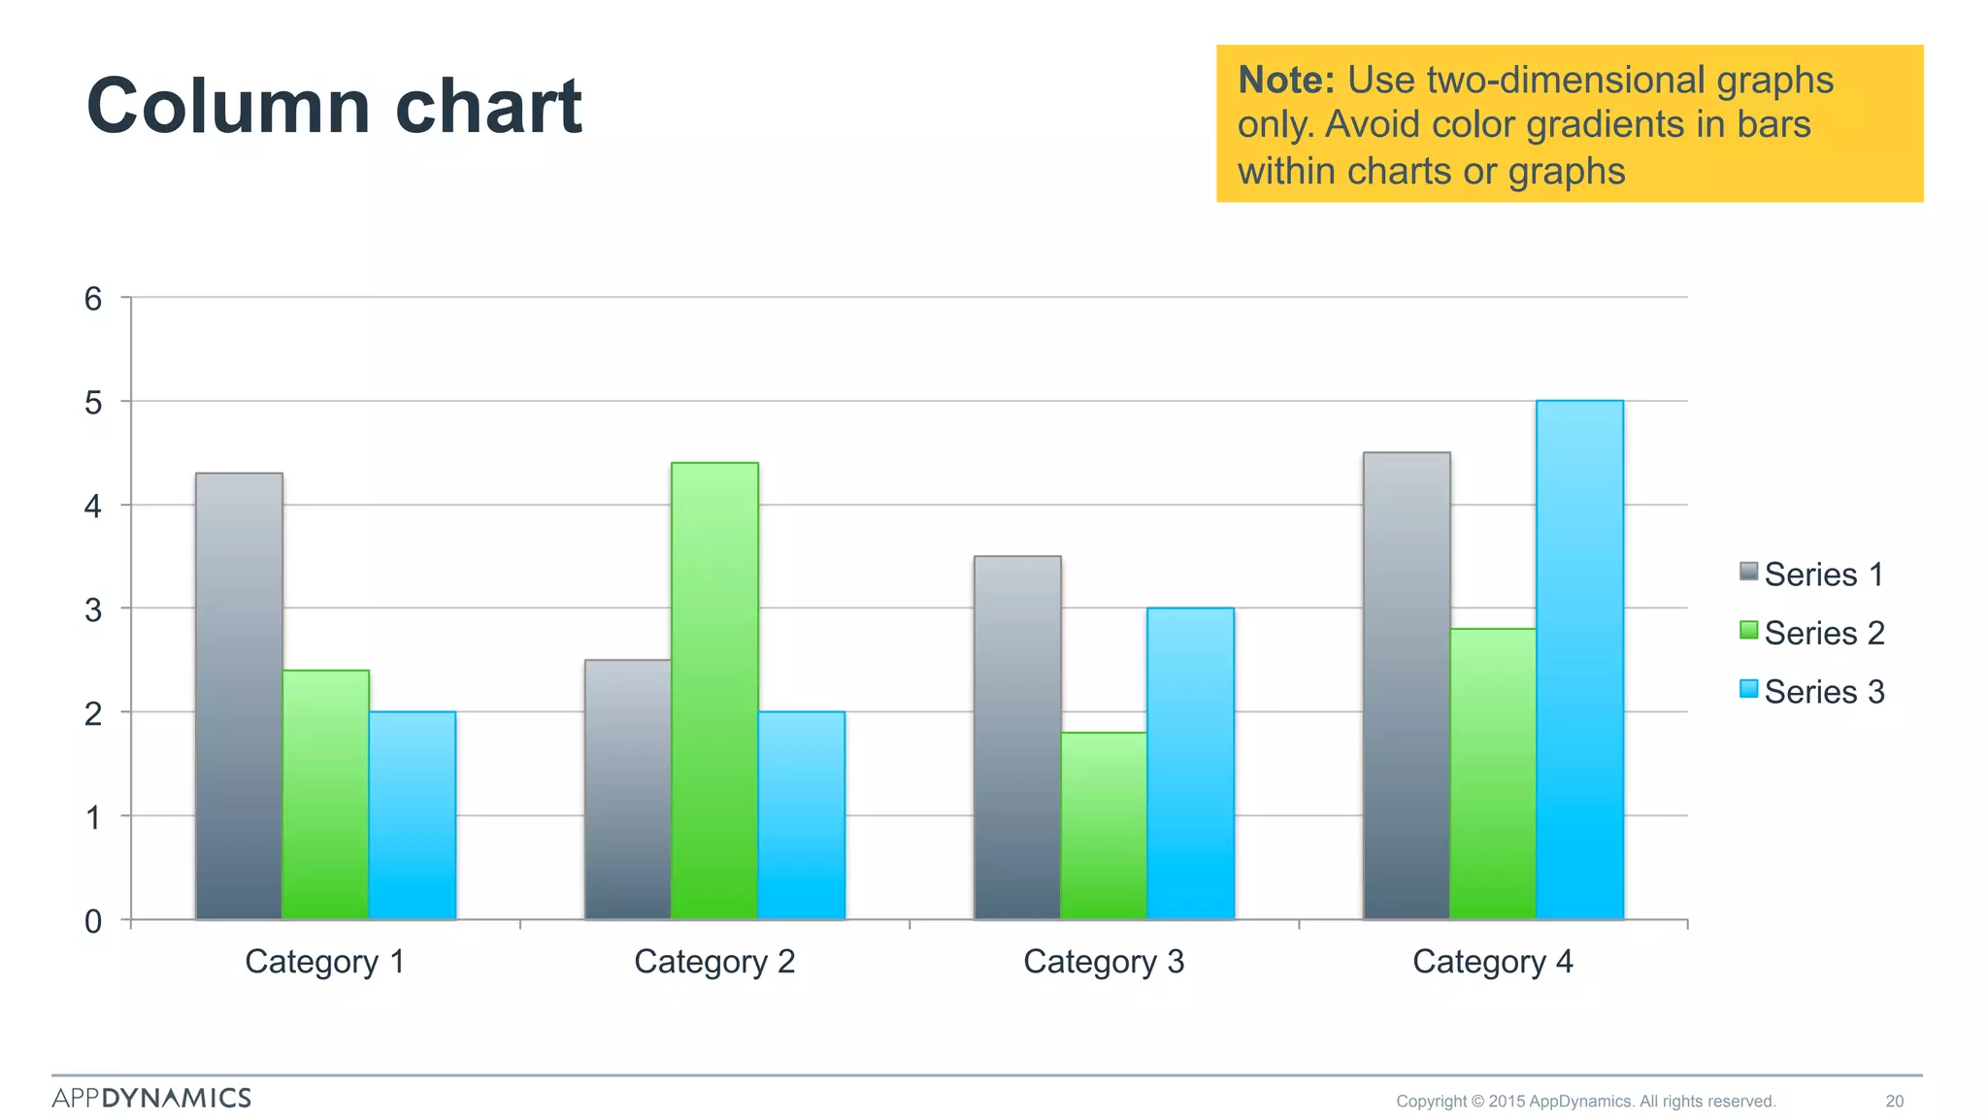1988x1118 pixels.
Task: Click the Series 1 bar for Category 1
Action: [x=239, y=696]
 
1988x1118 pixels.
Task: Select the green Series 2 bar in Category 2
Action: [x=714, y=691]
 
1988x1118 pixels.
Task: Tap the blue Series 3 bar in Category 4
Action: [x=1579, y=660]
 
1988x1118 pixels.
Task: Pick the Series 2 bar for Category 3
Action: [x=1104, y=826]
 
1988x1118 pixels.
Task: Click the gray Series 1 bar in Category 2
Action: [x=628, y=789]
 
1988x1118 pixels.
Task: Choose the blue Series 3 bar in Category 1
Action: [x=413, y=815]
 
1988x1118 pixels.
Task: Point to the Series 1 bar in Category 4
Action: [x=1407, y=686]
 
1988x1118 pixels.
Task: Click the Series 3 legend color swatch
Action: [x=1749, y=689]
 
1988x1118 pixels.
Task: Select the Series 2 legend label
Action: [x=1824, y=633]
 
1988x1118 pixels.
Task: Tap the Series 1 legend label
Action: [x=1824, y=575]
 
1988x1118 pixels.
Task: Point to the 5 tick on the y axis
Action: [x=93, y=403]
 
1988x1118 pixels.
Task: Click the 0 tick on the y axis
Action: [x=93, y=921]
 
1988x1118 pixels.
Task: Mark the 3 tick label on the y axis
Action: [x=93, y=610]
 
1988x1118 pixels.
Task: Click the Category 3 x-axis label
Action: [x=1104, y=962]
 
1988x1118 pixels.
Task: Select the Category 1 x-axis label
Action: [x=324, y=962]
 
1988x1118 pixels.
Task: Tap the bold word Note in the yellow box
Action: [x=1286, y=80]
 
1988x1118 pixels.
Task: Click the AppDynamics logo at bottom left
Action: [x=151, y=1098]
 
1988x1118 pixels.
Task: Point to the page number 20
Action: [x=1894, y=1102]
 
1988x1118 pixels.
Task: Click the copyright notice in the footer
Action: [x=1585, y=1102]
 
